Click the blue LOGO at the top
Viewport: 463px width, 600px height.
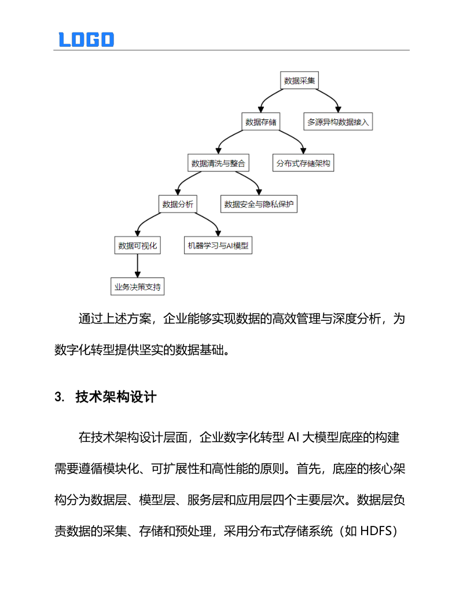pos(86,39)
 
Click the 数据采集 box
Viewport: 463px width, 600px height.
pos(300,81)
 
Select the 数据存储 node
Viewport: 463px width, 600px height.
pos(260,122)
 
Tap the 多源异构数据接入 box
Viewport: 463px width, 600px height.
pos(338,122)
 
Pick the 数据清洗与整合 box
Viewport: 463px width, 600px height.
pos(219,163)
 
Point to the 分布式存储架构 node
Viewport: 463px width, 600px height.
pos(303,163)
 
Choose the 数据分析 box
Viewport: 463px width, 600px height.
pos(178,204)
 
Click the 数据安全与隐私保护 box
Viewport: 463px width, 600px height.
pos(259,204)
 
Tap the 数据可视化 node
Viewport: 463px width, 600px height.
pos(138,246)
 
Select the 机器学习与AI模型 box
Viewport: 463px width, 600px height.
pos(218,246)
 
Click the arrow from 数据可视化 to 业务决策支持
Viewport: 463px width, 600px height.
pos(138,266)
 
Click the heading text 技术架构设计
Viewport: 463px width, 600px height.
pos(116,397)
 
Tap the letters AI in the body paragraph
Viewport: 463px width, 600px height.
pos(295,437)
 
